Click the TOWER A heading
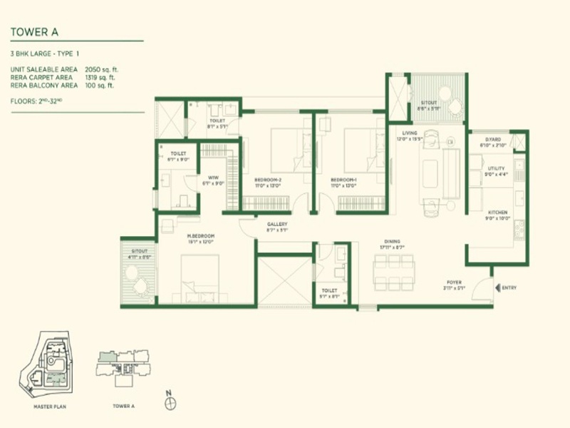pos(33,31)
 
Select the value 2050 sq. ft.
pos(115,68)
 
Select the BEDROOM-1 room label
pos(343,179)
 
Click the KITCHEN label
pos(497,213)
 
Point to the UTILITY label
pos(496,168)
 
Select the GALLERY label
pos(277,224)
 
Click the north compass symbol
pos(169,404)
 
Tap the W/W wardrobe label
pos(212,178)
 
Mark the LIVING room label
pos(409,133)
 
